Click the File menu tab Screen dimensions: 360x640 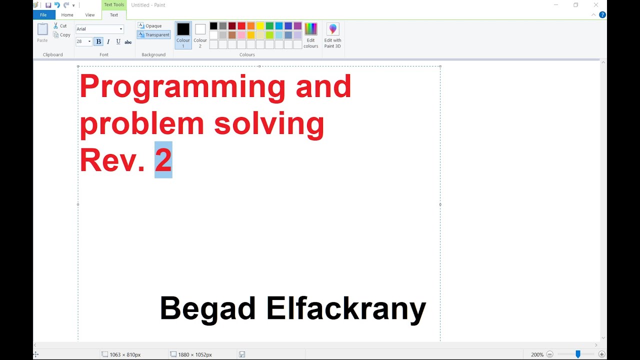pyautogui.click(x=43, y=15)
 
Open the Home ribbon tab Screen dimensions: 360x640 pyautogui.click(x=67, y=15)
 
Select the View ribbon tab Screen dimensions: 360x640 pyautogui.click(x=90, y=15)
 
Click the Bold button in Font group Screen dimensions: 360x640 pyautogui.click(x=98, y=41)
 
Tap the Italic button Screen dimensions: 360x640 pyautogui.click(x=108, y=41)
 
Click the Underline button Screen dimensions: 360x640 pyautogui.click(x=118, y=41)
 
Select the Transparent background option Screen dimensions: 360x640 pyautogui.click(x=154, y=35)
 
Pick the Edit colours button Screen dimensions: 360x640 pyautogui.click(x=311, y=35)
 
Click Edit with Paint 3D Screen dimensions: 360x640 pyautogui.click(x=332, y=35)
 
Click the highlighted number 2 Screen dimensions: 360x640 pyautogui.click(x=163, y=160)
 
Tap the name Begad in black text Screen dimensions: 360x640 pyautogui.click(x=208, y=308)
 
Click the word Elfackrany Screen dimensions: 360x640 pyautogui.click(x=346, y=308)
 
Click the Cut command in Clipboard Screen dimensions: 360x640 pyautogui.click(x=60, y=26)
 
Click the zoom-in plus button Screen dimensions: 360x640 pyautogui.click(x=602, y=354)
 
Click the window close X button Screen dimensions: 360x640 pyautogui.click(x=596, y=5)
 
